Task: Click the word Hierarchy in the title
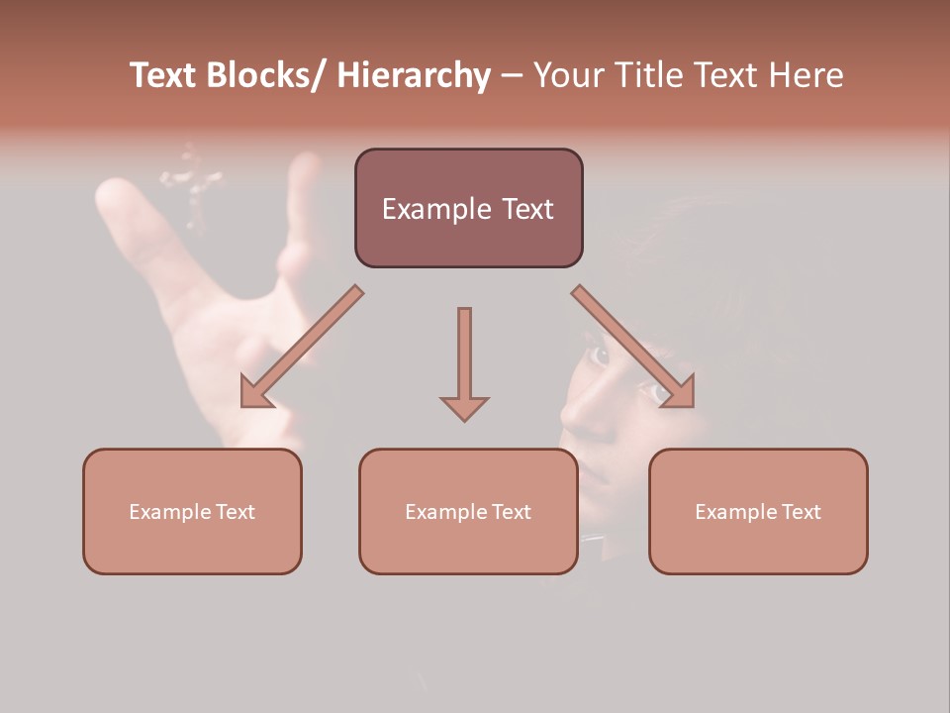point(414,76)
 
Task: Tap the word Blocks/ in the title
point(267,76)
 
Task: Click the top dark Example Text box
point(468,208)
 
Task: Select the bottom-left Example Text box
point(192,511)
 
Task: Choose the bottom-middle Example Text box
point(468,511)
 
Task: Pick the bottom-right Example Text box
point(758,511)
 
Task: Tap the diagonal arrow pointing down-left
point(302,347)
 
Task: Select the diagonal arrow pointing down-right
point(633,347)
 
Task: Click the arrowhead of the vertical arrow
point(464,406)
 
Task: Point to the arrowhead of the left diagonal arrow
point(256,393)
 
